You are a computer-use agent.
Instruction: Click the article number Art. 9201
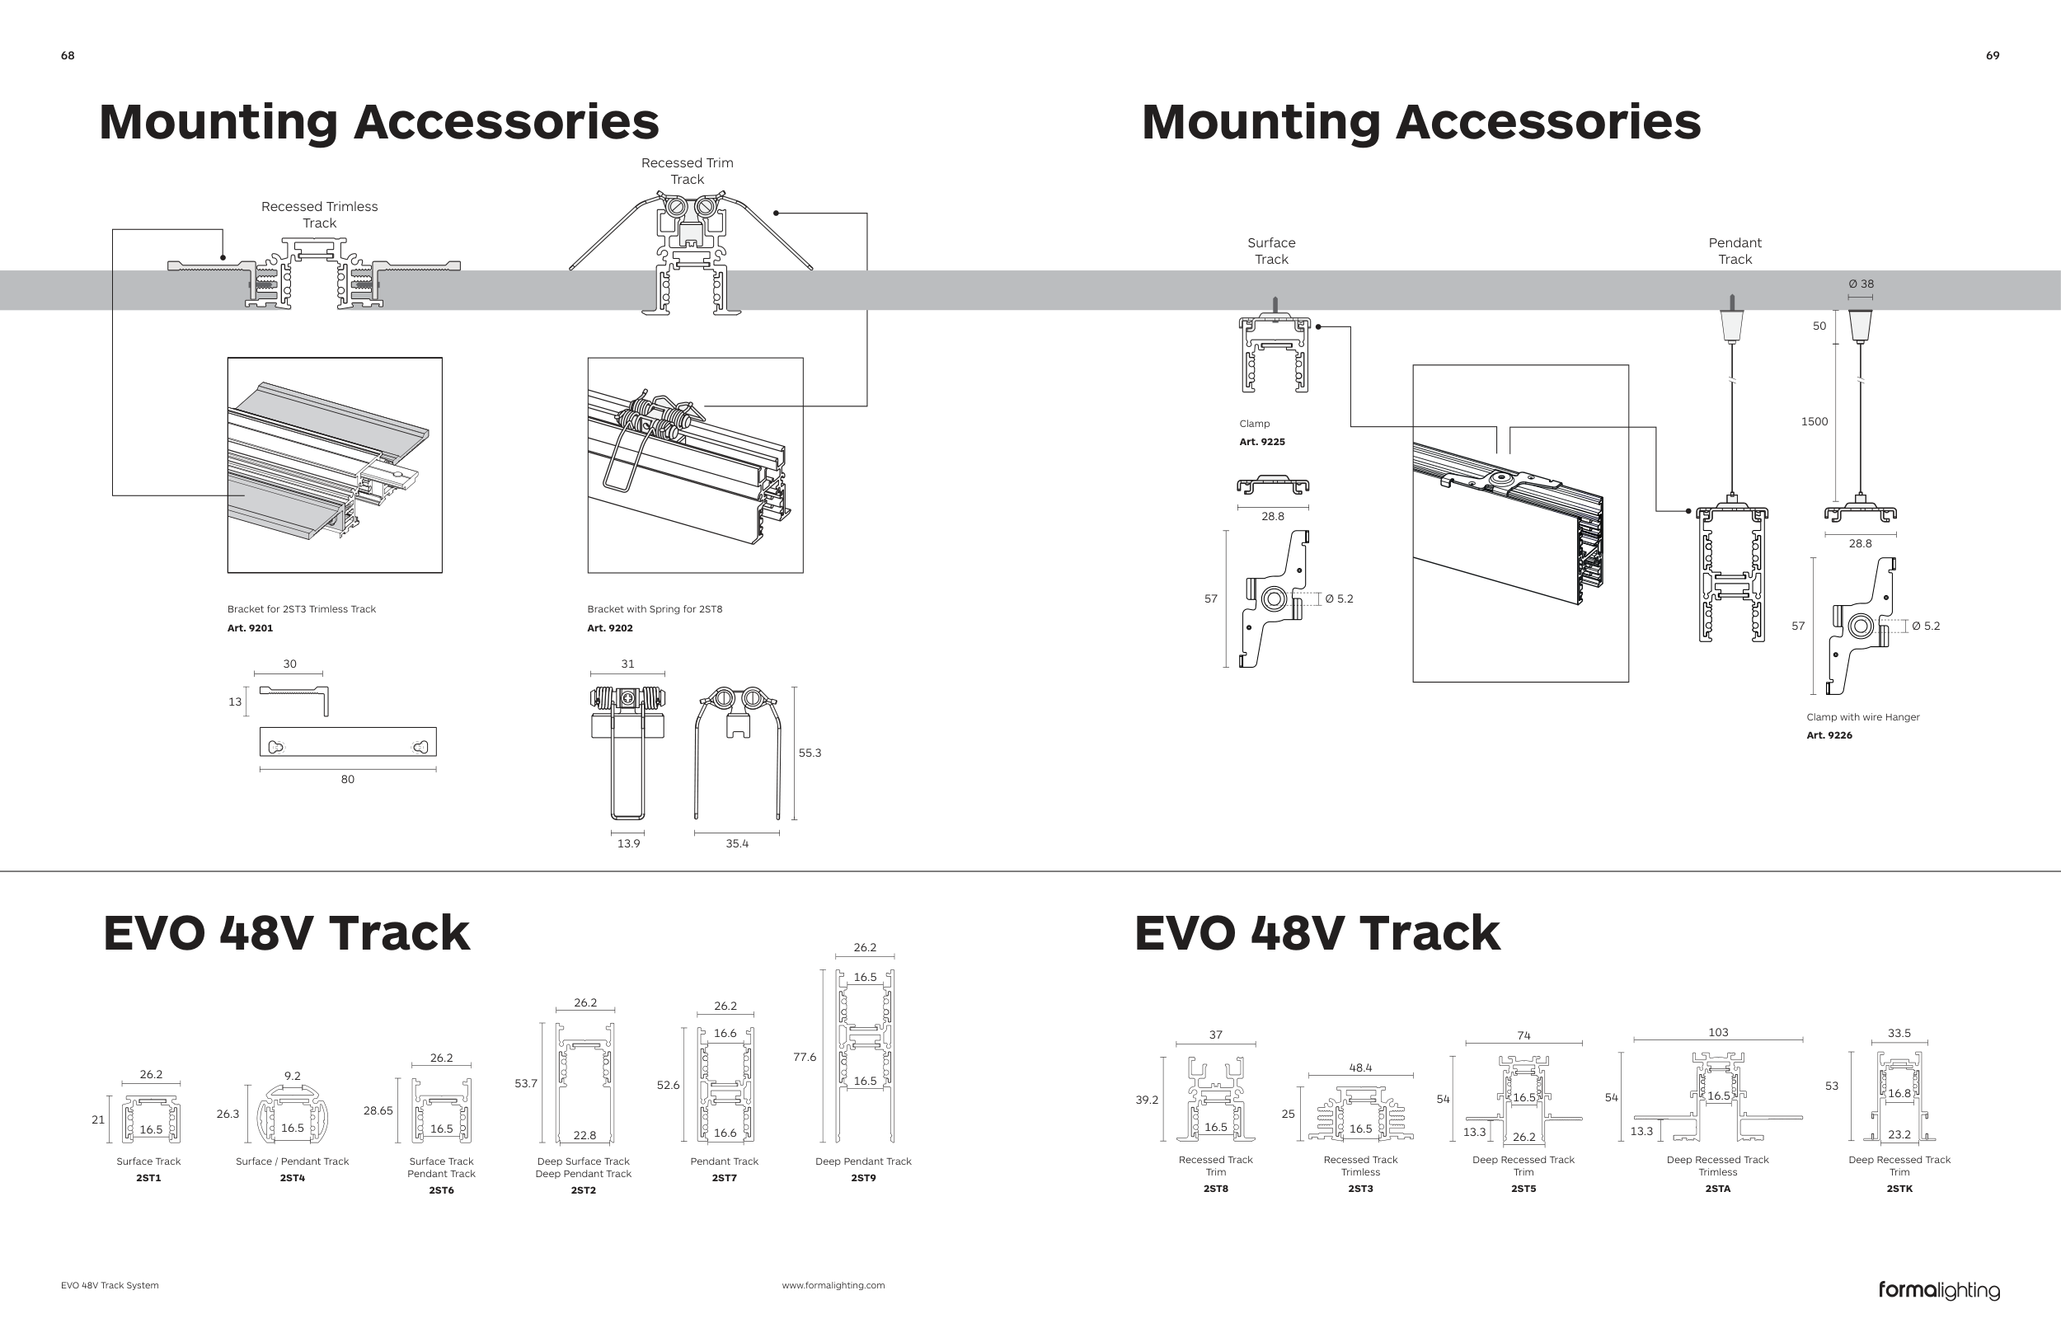pyautogui.click(x=250, y=627)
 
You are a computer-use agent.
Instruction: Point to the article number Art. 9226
pyautogui.click(x=1829, y=735)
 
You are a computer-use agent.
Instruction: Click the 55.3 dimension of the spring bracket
pyautogui.click(x=810, y=753)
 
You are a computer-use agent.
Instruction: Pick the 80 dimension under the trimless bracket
pyautogui.click(x=347, y=779)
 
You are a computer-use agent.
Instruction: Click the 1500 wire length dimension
pyautogui.click(x=1815, y=422)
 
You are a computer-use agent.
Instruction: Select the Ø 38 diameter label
pyautogui.click(x=1860, y=284)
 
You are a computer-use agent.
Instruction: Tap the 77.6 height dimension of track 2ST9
pyautogui.click(x=805, y=1057)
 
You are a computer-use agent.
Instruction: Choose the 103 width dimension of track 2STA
pyautogui.click(x=1718, y=1032)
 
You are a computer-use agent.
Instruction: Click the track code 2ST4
pyautogui.click(x=293, y=1177)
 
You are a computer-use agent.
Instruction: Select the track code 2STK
pyautogui.click(x=1899, y=1189)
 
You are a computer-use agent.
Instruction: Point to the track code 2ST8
pyautogui.click(x=1216, y=1189)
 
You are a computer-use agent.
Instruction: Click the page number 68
pyautogui.click(x=68, y=55)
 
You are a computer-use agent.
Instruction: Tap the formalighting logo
pyautogui.click(x=1939, y=1290)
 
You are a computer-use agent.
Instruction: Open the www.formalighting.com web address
pyautogui.click(x=833, y=1285)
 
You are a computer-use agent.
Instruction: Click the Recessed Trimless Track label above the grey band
pyautogui.click(x=320, y=213)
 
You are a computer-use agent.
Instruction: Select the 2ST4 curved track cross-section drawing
pyautogui.click(x=293, y=1116)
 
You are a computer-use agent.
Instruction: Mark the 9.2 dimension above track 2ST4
pyautogui.click(x=293, y=1076)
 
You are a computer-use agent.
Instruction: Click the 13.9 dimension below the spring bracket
pyautogui.click(x=629, y=843)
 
